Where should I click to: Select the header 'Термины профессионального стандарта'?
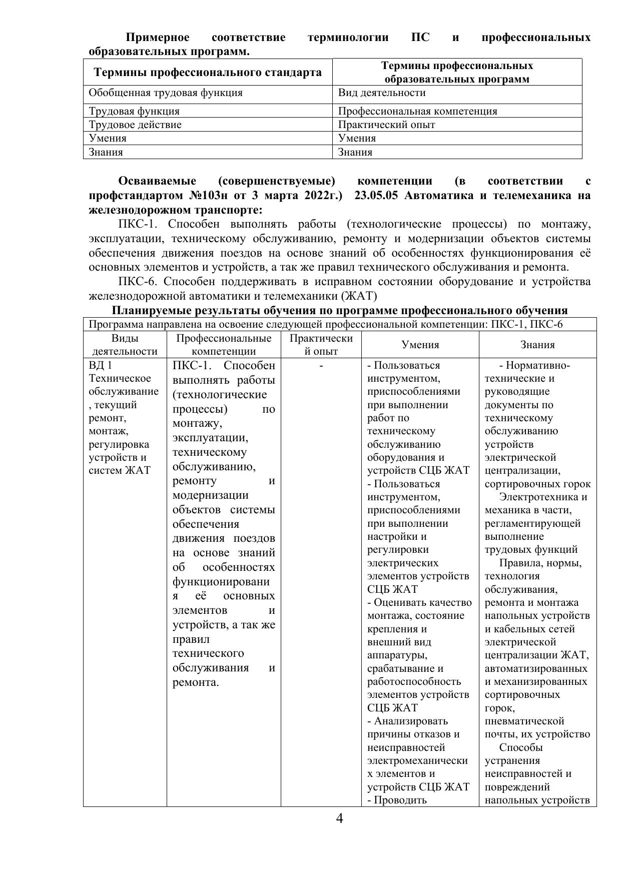(208, 73)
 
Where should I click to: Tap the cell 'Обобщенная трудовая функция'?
(166, 93)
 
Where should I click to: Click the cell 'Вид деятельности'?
(382, 93)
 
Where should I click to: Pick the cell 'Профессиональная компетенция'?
(418, 111)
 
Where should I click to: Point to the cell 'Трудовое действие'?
(135, 125)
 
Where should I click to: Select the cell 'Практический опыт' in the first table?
(386, 125)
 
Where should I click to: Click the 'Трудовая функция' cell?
(134, 111)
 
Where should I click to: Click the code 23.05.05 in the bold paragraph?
(375, 195)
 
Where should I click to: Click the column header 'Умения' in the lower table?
(420, 345)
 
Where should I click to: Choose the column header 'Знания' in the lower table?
(537, 345)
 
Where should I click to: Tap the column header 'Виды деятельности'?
(125, 345)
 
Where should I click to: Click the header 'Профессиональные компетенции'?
(224, 345)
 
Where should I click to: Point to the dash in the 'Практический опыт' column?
(321, 366)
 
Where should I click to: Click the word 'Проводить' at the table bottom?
(400, 799)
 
